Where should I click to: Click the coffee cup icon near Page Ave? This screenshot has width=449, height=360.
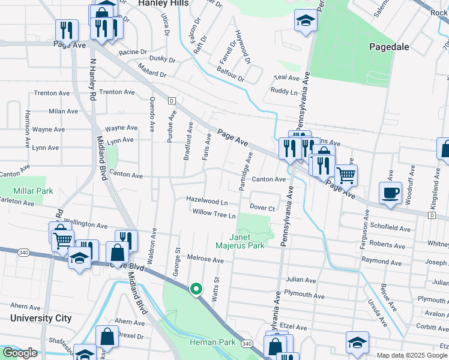point(390,193)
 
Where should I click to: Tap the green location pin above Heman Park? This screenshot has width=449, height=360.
point(196,289)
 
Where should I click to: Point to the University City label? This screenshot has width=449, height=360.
point(41,318)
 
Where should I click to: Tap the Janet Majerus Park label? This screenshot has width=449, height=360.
point(240,241)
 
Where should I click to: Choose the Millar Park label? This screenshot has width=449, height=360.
point(34,191)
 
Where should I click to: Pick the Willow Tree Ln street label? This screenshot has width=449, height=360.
point(214,212)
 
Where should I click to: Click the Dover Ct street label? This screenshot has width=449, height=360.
point(262,208)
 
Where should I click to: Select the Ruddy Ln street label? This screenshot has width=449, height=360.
point(283,91)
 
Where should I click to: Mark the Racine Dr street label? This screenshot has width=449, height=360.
point(133,52)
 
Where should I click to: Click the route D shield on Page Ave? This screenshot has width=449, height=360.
point(171,100)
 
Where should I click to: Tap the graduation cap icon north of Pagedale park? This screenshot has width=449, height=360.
point(305,22)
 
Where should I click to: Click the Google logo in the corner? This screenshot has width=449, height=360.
point(20,353)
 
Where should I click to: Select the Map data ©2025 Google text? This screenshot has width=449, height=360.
point(412,355)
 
